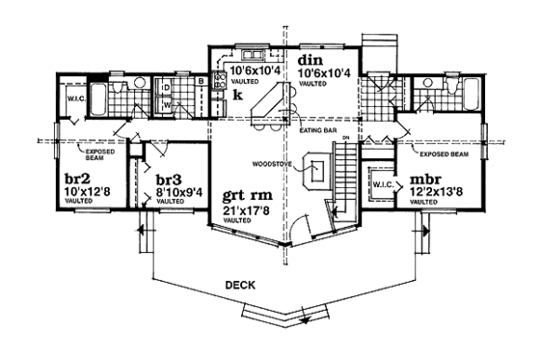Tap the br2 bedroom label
78,179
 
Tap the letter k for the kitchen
236,96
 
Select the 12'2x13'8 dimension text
439,194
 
